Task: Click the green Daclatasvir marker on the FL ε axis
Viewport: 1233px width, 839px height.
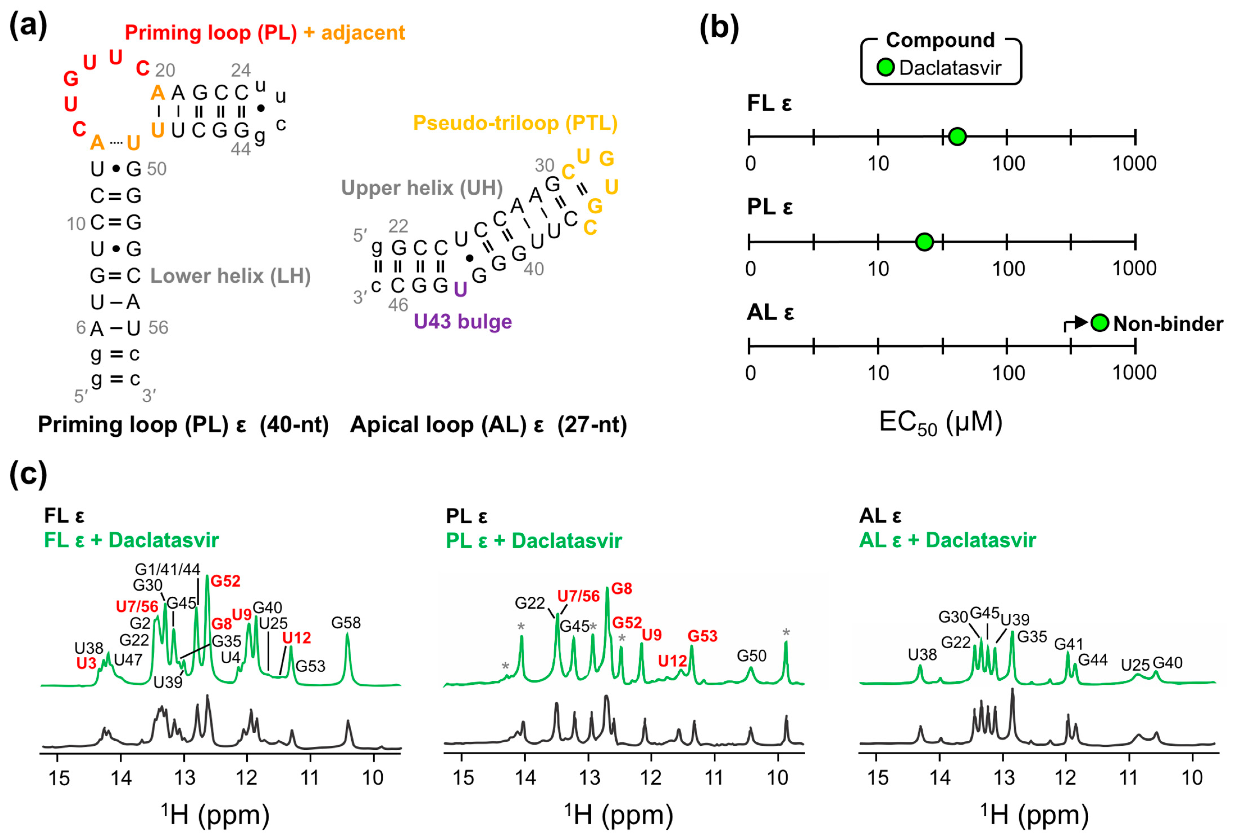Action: (x=957, y=136)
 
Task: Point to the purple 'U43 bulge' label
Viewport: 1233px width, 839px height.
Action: (x=463, y=322)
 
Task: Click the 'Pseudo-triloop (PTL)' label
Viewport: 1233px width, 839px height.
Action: (x=515, y=123)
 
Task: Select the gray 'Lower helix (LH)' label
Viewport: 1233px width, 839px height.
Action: (x=230, y=276)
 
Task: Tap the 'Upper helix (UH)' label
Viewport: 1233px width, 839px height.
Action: (x=422, y=188)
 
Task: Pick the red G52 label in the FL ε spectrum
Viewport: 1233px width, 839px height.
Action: (x=226, y=581)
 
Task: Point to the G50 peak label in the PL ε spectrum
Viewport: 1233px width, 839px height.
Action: (x=751, y=656)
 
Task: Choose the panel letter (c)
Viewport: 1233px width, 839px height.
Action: (x=28, y=474)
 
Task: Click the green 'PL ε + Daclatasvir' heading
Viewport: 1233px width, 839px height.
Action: (x=534, y=541)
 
